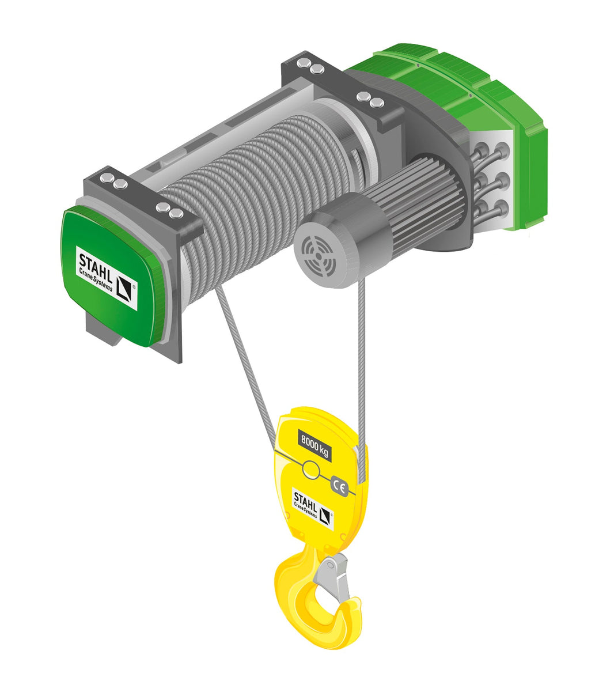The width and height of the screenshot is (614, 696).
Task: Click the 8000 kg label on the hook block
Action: tap(314, 445)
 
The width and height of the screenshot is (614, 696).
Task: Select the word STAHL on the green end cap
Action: tap(95, 264)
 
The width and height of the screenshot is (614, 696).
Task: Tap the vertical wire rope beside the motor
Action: tap(362, 369)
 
